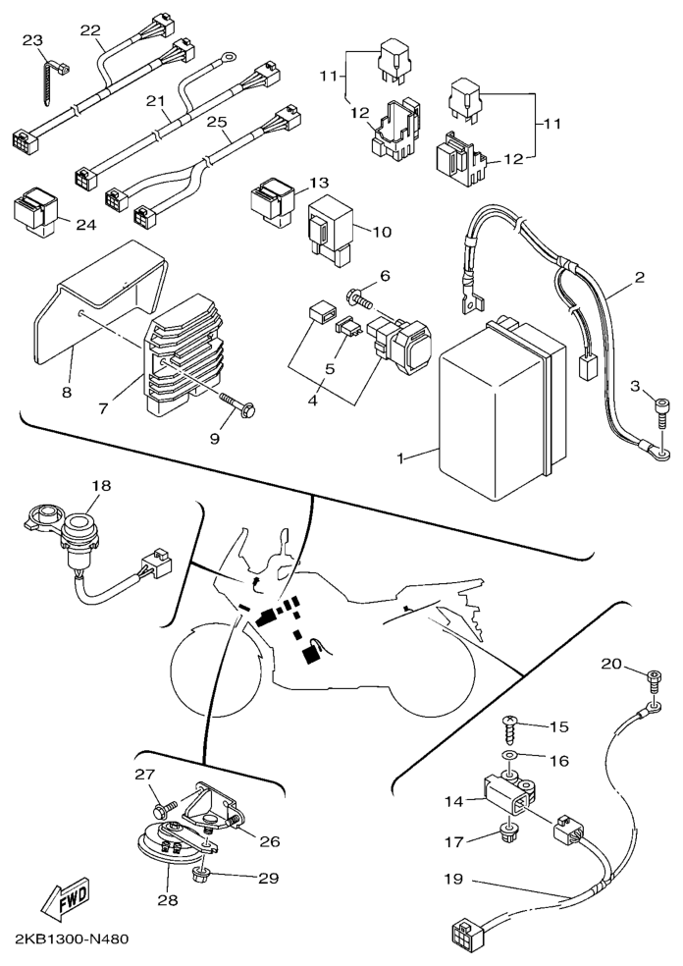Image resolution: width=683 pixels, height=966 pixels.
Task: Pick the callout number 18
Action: (102, 486)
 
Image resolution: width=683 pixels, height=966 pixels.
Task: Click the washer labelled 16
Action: (510, 756)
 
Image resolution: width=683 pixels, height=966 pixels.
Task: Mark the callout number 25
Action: (217, 122)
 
